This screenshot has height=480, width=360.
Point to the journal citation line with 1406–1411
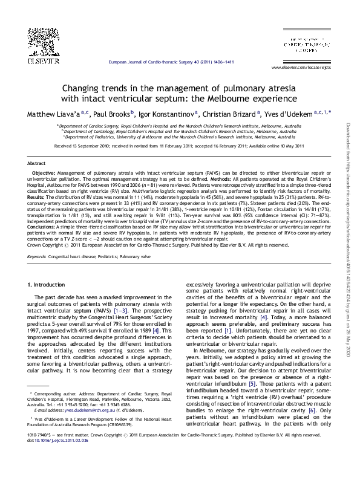tap(170, 62)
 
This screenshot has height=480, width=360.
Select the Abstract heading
tap(36, 164)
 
